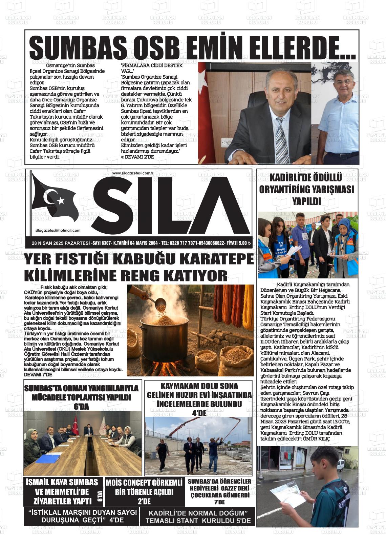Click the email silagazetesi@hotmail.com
58,231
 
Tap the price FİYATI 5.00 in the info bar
238,243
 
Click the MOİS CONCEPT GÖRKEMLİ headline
144,483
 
